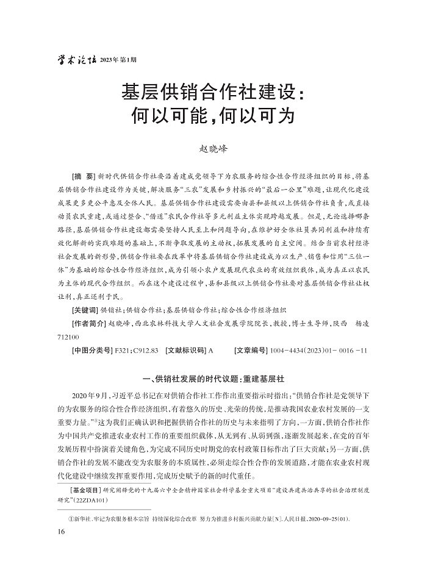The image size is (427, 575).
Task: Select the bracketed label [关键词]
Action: (x=85, y=310)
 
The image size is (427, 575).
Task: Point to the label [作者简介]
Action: (x=89, y=323)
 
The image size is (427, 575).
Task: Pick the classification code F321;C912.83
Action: (x=136, y=350)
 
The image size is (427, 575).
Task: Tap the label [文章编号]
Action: (x=254, y=350)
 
